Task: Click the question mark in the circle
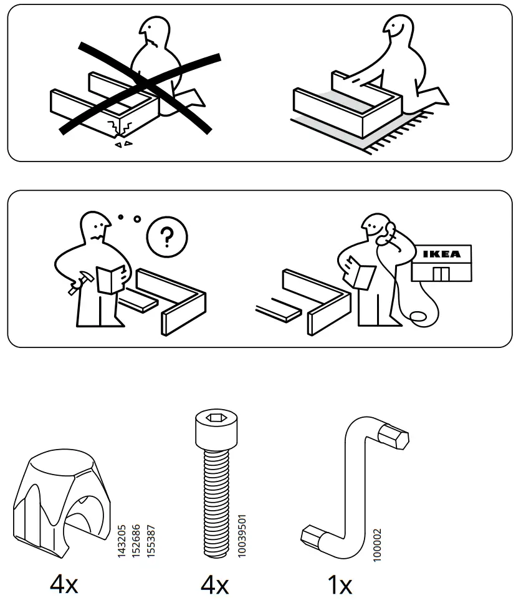coord(167,236)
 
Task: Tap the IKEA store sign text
coord(442,254)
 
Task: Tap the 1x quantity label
coord(340,586)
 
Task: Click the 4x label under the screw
coord(214,586)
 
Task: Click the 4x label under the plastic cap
coord(64,586)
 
